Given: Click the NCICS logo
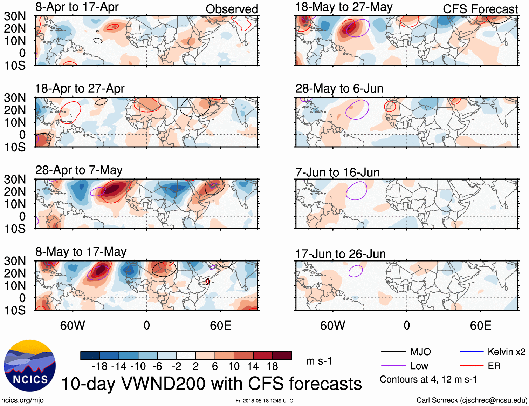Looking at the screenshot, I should (30, 366).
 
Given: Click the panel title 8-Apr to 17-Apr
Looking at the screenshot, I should (77, 7).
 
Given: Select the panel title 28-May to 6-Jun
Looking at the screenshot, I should (339, 88).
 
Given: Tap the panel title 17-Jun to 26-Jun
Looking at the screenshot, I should (340, 254).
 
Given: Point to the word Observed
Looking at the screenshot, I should (232, 9).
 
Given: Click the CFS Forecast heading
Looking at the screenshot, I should (480, 9).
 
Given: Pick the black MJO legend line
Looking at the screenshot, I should (393, 352).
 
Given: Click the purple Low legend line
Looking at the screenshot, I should (393, 366).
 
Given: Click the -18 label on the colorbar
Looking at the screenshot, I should (100, 366).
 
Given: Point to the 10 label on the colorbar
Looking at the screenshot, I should (234, 366).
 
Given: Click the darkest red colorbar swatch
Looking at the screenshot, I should (282, 356).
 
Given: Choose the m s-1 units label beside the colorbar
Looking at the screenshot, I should (319, 361).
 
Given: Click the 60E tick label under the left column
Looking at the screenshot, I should (220, 325).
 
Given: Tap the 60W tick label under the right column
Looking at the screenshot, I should (332, 325).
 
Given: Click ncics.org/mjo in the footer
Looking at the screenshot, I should (22, 400).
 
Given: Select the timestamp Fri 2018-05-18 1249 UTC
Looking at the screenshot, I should (264, 401).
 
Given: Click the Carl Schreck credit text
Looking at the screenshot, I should (472, 400).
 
